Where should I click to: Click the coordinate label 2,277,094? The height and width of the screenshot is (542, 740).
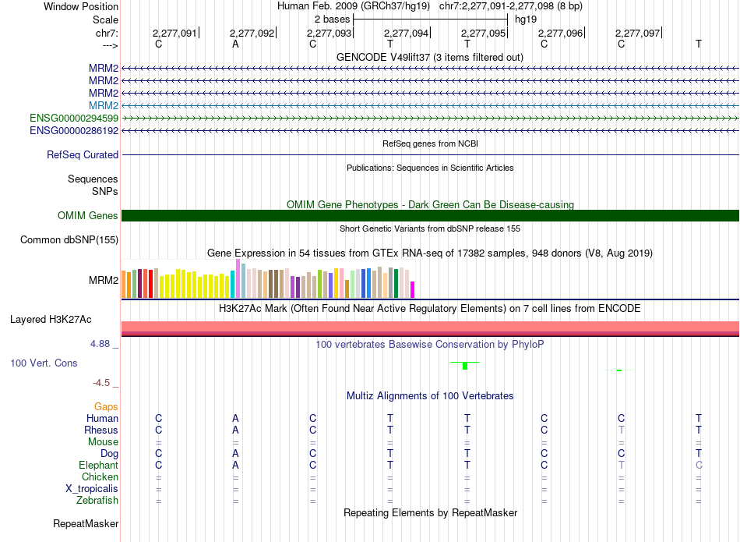(406, 33)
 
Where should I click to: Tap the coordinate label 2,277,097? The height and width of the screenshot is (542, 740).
(637, 33)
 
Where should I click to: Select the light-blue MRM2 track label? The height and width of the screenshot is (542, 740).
(104, 105)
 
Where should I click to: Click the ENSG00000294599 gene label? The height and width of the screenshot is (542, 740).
(74, 118)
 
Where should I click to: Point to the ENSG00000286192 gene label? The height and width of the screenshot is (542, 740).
(74, 130)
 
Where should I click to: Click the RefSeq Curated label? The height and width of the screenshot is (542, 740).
(83, 154)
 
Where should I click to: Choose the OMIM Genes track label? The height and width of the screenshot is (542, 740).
(88, 215)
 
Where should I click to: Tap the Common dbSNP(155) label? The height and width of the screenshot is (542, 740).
(69, 239)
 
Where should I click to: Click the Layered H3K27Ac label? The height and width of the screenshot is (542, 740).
(51, 320)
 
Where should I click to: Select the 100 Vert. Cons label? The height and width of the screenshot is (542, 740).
(44, 363)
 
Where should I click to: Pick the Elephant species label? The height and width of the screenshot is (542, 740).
(99, 465)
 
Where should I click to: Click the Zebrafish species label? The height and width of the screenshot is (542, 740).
(97, 500)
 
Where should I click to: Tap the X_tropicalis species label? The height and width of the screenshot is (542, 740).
(92, 489)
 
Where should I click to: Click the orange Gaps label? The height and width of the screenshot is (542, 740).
(106, 406)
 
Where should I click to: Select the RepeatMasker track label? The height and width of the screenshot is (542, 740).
(86, 523)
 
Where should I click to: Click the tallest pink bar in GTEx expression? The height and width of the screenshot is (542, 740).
(238, 278)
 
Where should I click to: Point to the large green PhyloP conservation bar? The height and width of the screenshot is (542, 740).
(465, 366)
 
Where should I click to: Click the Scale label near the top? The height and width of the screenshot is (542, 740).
(106, 19)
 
